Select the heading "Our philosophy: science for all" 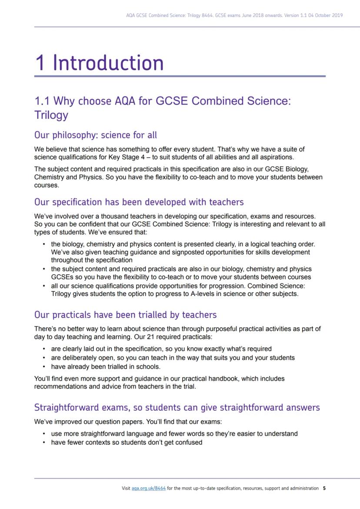tap(96, 135)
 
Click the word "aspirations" tap(276, 156)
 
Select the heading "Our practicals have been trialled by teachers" tap(125, 314)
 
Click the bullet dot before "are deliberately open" tap(45, 358)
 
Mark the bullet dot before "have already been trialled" tap(45, 367)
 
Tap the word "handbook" tap(219, 379)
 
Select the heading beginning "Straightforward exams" tap(177, 408)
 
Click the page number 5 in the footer tap(324, 488)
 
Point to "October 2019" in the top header tap(328, 15)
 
